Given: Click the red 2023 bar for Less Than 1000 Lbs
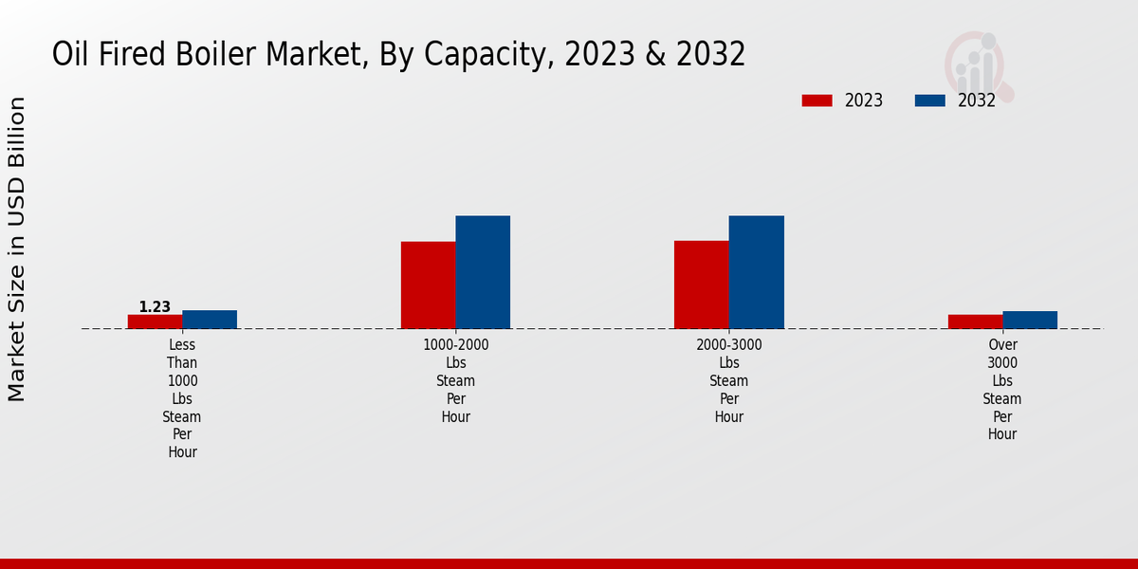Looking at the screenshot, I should tap(155, 321).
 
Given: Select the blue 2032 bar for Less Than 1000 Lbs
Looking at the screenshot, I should tap(210, 320).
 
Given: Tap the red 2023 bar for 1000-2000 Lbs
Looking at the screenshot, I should tap(428, 285).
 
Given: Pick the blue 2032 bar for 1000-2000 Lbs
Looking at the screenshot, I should tap(483, 272).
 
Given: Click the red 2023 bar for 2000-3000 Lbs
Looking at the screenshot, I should tap(702, 284).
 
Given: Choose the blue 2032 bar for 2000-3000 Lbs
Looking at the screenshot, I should tap(756, 272).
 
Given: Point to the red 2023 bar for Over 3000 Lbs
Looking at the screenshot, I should tap(975, 321).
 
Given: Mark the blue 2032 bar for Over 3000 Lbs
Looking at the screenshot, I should tap(1030, 320).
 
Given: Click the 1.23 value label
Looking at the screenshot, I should tap(155, 307).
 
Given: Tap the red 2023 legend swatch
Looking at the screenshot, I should tap(817, 101).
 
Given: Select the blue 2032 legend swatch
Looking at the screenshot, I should tap(929, 101).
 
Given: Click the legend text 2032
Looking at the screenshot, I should tap(977, 101).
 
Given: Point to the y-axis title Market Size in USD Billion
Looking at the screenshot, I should tap(17, 248).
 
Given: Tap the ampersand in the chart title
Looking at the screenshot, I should tap(656, 55).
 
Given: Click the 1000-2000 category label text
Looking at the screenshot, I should tap(456, 345).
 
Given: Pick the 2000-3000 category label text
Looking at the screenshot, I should tap(729, 345).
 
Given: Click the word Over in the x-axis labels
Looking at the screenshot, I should tap(1002, 345).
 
